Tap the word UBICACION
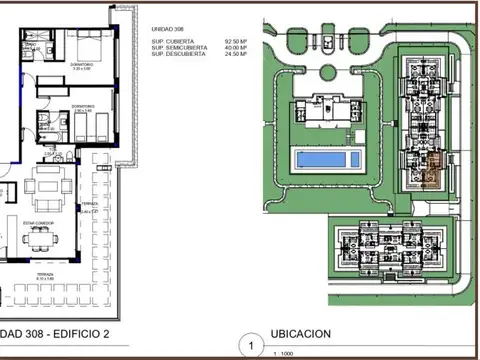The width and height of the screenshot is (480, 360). click(x=301, y=334)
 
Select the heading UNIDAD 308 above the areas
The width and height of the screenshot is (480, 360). click(x=168, y=31)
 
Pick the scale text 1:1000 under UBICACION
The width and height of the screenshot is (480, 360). click(x=285, y=354)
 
